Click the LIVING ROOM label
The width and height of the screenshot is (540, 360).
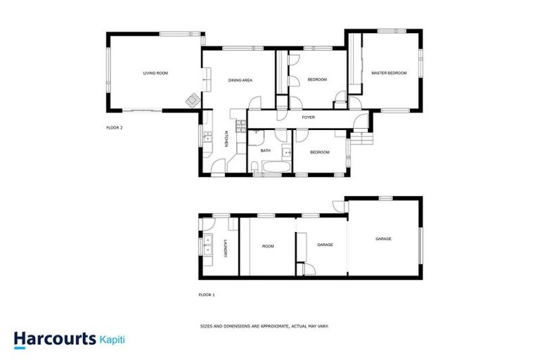click(155, 73)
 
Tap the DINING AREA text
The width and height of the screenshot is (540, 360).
click(240, 80)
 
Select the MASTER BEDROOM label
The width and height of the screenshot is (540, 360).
click(389, 73)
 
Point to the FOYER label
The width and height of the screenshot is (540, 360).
click(308, 117)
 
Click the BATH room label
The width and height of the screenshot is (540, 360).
click(265, 150)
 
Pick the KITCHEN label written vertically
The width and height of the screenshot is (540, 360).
click(226, 139)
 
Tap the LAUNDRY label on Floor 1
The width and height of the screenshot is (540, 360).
click(225, 249)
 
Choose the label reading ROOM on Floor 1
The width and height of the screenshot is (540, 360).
click(268, 246)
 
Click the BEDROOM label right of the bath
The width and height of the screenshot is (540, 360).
click(320, 152)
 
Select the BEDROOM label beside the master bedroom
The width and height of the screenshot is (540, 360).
click(317, 79)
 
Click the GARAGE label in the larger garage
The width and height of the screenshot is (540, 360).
click(383, 239)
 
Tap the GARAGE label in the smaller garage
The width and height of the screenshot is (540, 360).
click(325, 245)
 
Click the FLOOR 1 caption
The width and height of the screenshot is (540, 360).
click(207, 295)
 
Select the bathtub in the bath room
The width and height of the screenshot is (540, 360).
click(271, 167)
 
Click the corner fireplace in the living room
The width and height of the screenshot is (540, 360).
click(193, 101)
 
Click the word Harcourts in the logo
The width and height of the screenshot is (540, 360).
click(55, 339)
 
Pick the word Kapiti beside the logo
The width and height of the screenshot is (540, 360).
click(113, 339)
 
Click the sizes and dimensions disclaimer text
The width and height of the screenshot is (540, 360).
click(265, 326)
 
